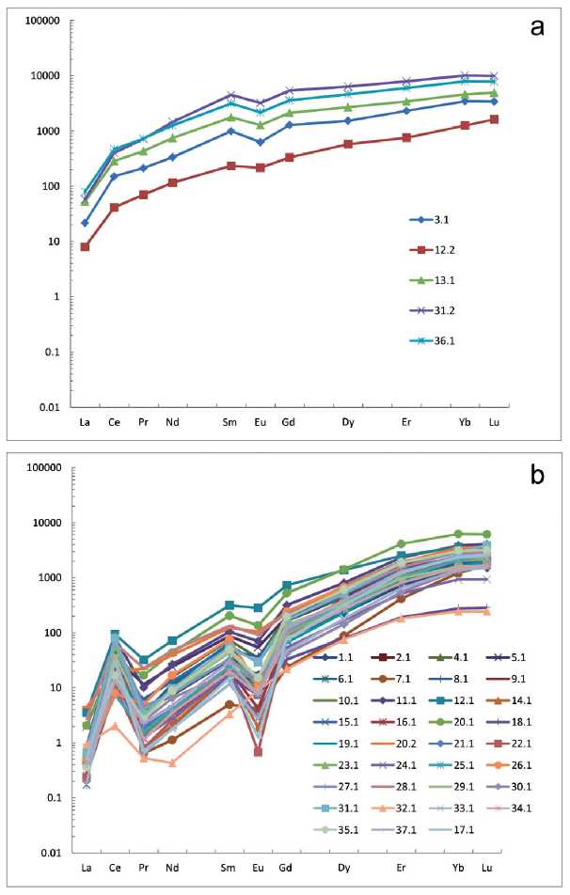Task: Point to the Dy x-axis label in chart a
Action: (x=348, y=423)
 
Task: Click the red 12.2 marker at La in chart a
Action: (x=86, y=247)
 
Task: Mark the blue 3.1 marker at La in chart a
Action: (x=86, y=223)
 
